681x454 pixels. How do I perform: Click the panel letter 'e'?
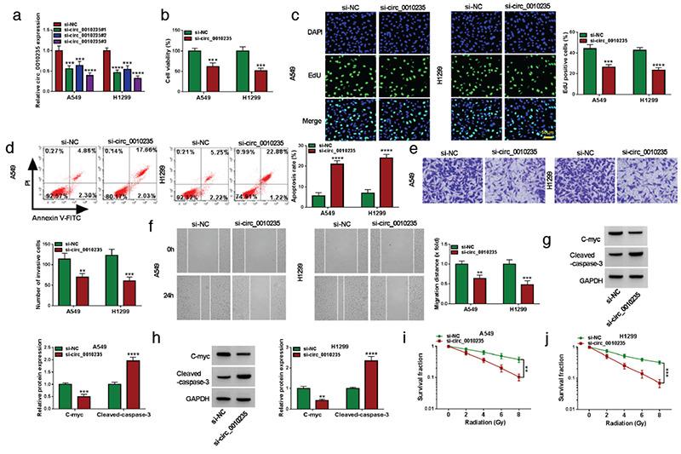coord(413,147)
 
